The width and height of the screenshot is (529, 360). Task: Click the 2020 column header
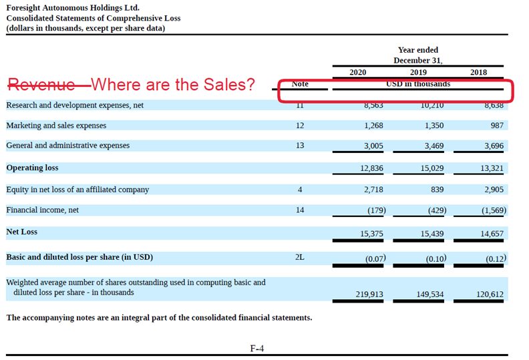(358, 72)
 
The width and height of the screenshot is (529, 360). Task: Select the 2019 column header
(418, 72)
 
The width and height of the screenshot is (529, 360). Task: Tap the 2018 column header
(478, 72)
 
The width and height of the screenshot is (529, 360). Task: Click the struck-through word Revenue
(41, 85)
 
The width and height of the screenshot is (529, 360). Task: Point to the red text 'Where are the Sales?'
(173, 85)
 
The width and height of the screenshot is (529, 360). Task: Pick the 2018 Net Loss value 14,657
(492, 232)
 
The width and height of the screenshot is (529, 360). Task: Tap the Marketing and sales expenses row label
(56, 126)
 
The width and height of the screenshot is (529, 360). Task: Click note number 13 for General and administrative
(300, 146)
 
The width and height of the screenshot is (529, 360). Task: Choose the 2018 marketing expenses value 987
(496, 126)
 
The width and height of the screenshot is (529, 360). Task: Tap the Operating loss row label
(32, 168)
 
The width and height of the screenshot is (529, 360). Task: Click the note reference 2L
(300, 256)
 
